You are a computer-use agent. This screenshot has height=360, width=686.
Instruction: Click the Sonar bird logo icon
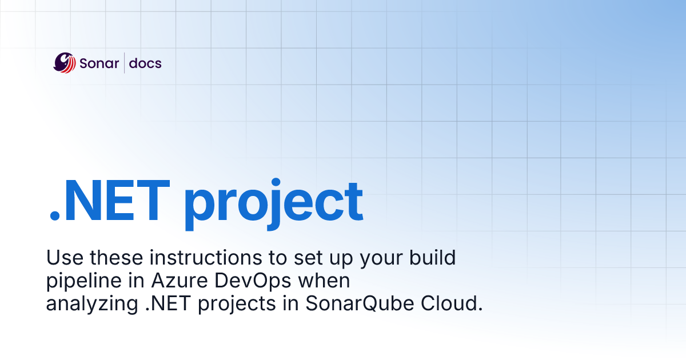tap(65, 63)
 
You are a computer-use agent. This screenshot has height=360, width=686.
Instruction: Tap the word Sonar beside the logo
tap(99, 63)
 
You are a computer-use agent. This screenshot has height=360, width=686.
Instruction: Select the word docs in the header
tap(145, 63)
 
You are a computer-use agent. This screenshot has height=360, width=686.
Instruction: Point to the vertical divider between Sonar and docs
tap(124, 63)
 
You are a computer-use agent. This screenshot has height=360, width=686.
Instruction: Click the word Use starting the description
tap(62, 258)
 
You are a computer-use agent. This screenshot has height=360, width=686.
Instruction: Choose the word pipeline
tap(79, 282)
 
